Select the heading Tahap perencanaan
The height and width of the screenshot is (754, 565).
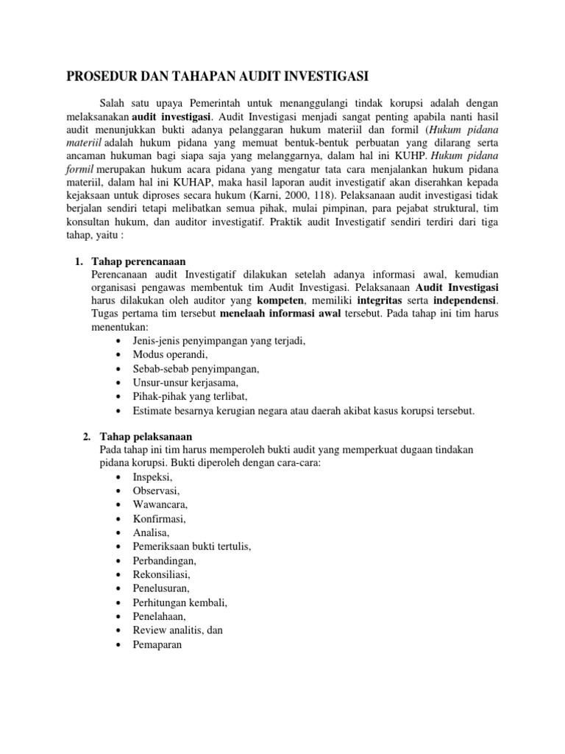pyautogui.click(x=138, y=261)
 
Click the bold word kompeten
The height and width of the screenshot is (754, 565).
pyautogui.click(x=281, y=302)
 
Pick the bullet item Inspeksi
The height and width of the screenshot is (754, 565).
pyautogui.click(x=152, y=477)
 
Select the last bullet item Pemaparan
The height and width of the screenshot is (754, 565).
pyautogui.click(x=157, y=644)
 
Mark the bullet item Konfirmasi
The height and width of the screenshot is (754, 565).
pyautogui.click(x=160, y=518)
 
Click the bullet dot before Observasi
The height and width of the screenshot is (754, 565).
pyautogui.click(x=119, y=491)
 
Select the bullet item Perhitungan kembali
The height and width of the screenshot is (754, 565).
pyautogui.click(x=180, y=602)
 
